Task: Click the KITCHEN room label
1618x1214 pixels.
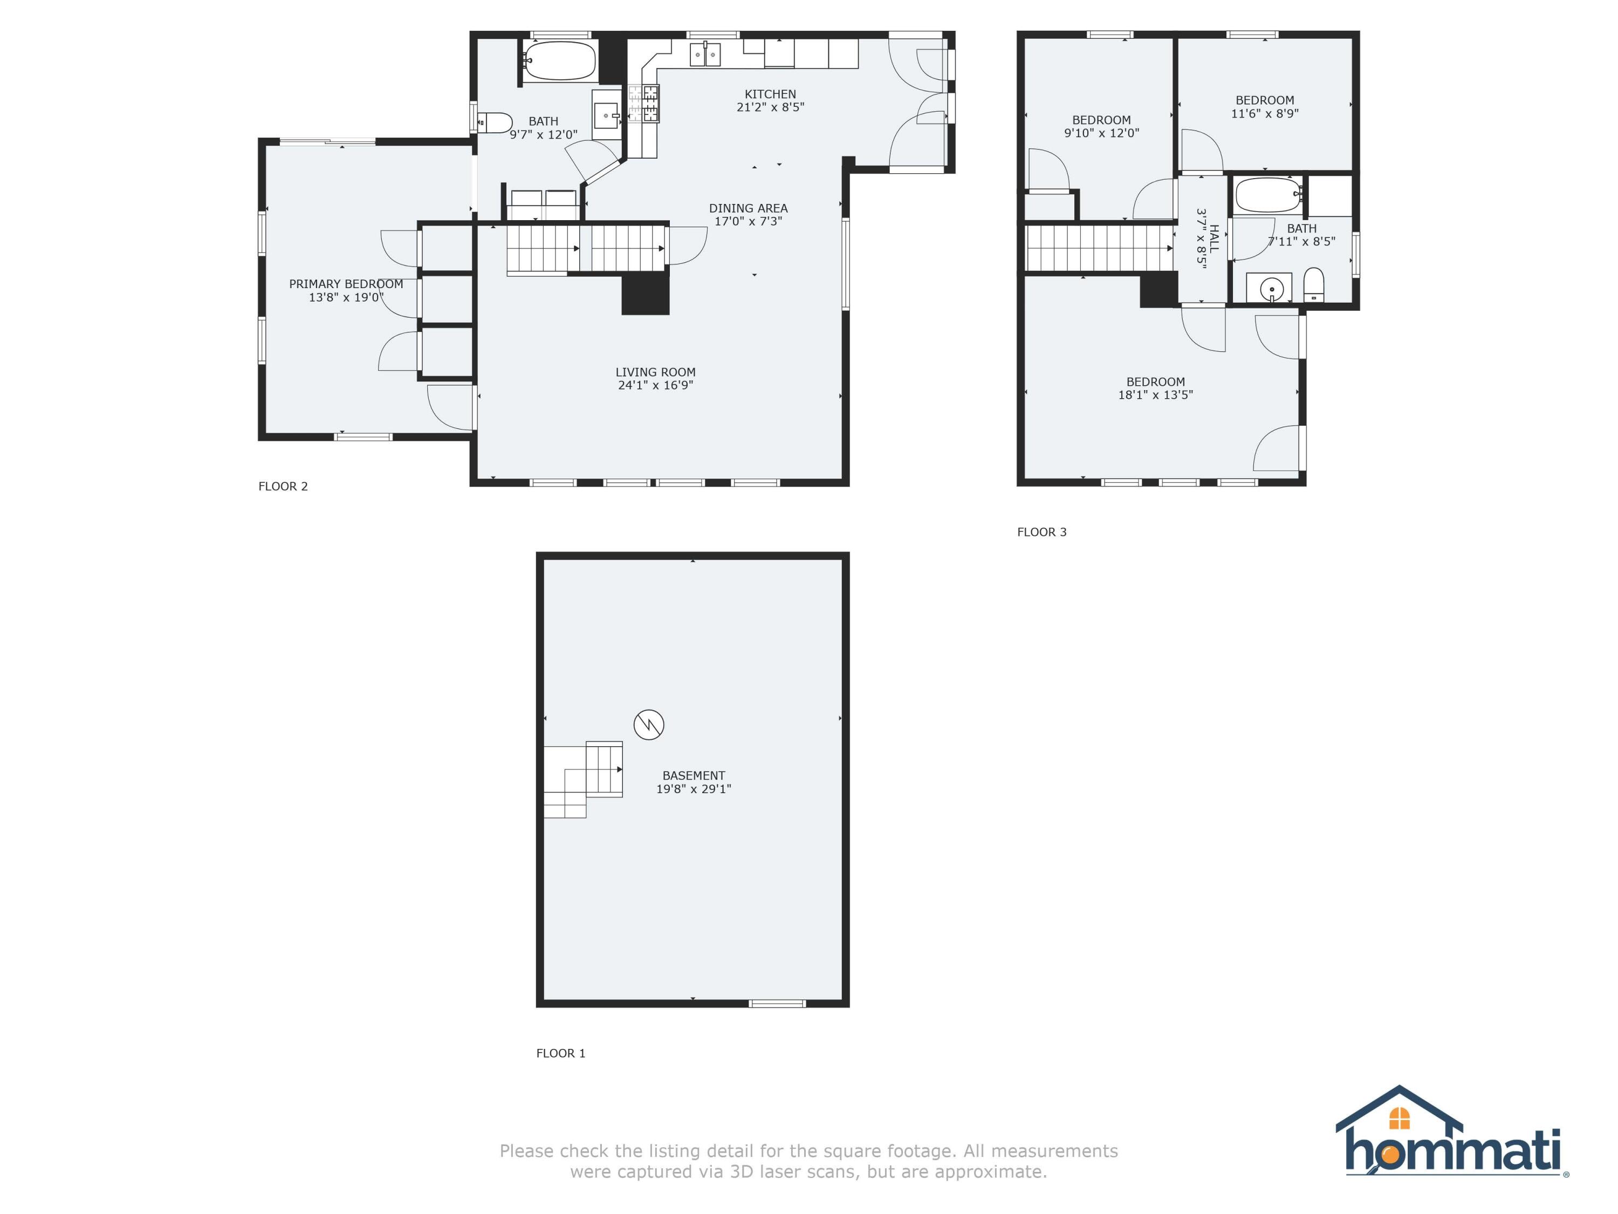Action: pos(770,94)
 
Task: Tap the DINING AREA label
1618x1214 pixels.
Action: pos(748,209)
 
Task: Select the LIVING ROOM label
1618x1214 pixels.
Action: pos(655,372)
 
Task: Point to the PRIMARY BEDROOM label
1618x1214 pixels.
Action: pos(346,284)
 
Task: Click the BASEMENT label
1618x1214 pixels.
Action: pos(694,776)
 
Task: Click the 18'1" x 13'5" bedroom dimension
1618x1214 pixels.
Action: pos(1156,395)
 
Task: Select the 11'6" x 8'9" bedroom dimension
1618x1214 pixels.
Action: pos(1265,113)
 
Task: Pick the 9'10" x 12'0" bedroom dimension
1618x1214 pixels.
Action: pos(1101,133)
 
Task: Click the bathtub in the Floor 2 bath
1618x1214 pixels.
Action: pos(560,61)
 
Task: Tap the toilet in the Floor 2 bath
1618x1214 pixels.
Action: pos(495,123)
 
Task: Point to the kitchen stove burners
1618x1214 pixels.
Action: pos(643,103)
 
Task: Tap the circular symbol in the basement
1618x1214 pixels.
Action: pos(649,725)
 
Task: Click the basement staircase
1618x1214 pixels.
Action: pos(583,780)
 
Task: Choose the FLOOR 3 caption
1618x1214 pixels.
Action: pos(1041,532)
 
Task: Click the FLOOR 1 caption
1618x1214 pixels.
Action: pos(561,1053)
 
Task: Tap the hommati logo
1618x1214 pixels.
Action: pos(1452,1144)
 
